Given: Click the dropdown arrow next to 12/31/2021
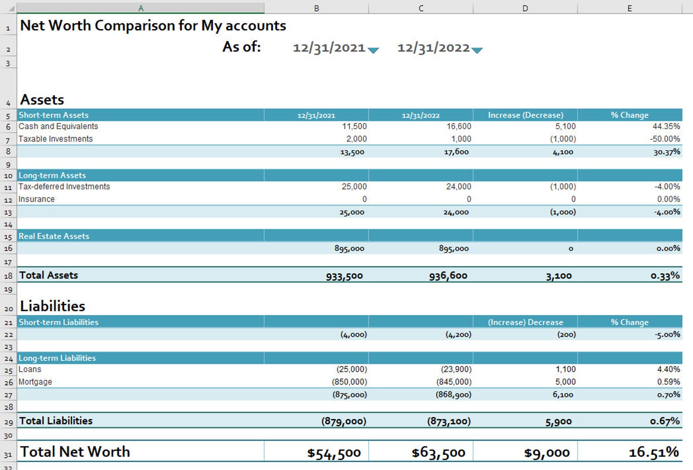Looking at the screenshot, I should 373,50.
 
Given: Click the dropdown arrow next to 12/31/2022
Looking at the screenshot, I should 477,50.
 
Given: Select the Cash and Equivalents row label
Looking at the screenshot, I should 58,127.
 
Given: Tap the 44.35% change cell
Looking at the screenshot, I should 666,127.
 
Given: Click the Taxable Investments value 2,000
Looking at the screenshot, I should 356,139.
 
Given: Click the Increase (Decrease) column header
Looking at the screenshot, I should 525,115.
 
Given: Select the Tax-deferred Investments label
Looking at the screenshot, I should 64,187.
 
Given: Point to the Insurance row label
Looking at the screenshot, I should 37,199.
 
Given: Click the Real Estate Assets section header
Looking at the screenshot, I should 54,236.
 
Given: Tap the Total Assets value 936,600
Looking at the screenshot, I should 448,276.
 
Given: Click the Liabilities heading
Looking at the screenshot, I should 53,306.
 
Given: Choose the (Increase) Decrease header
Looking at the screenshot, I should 525,322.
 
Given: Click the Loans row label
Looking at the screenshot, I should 30,370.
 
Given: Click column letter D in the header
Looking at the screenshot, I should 525,8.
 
